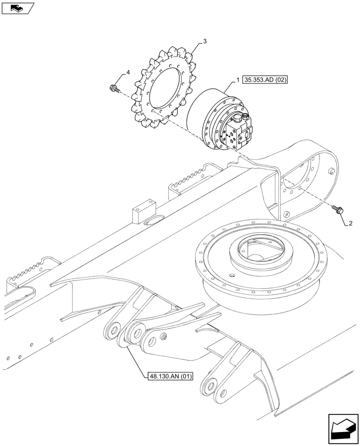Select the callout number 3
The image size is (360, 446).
click(x=204, y=41)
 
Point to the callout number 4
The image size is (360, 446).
click(x=128, y=72)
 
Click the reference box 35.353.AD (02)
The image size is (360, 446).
click(x=266, y=81)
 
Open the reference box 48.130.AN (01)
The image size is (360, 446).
click(x=169, y=376)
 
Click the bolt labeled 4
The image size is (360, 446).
click(x=114, y=88)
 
